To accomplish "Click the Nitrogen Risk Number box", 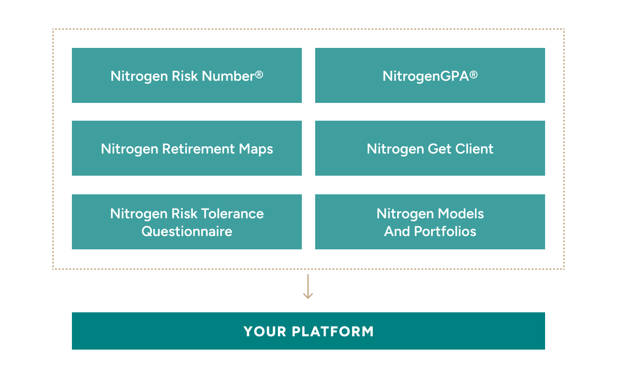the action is pos(187,75).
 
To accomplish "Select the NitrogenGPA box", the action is pos(430,75).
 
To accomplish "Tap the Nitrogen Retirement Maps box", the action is pos(187,148).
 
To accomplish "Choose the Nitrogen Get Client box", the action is pos(430,148).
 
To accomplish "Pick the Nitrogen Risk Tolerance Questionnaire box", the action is pos(187,222).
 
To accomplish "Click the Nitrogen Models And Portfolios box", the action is pos(430,222).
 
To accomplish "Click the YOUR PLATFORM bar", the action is pos(308,331).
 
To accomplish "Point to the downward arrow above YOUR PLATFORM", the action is pos(308,286).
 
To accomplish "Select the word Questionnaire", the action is pos(187,231).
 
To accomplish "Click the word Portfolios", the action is pos(445,231).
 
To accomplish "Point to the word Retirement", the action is pos(198,149).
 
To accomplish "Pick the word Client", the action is pos(474,149).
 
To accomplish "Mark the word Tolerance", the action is pos(233,214).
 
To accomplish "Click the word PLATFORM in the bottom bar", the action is pos(333,331).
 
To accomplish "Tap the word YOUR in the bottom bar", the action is pos(265,331).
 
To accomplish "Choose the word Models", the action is pos(461,214).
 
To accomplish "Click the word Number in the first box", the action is pos(228,76).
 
